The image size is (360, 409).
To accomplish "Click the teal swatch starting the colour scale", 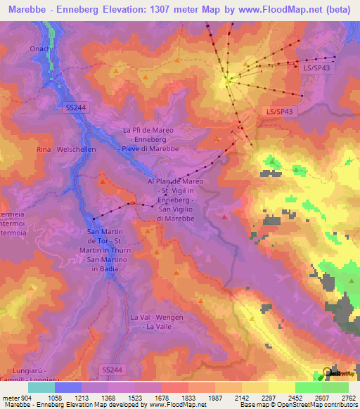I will pos(41,387).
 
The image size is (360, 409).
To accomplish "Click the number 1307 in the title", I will pos(155,10).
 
